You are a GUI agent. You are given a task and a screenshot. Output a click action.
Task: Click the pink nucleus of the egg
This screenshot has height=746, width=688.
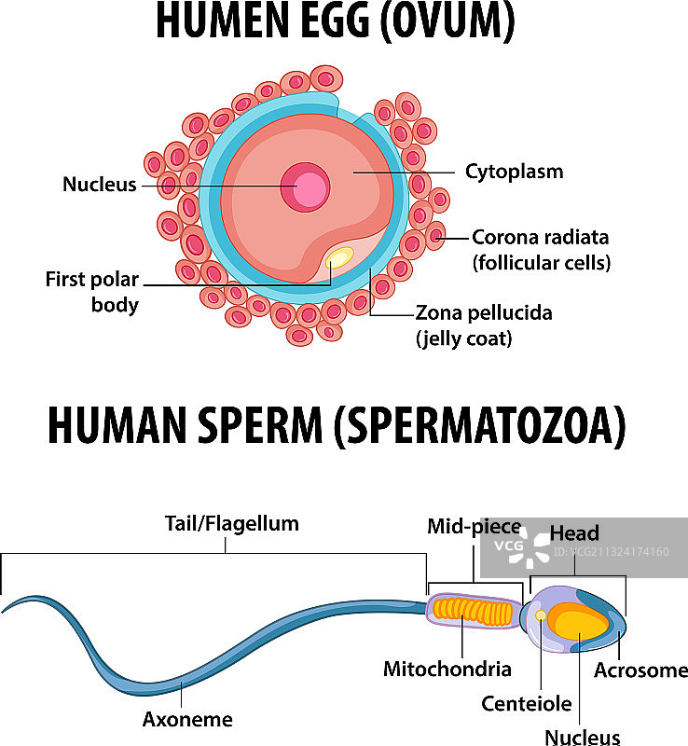[x=306, y=187]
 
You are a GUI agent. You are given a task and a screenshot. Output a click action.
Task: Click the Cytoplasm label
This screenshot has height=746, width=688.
[x=514, y=172]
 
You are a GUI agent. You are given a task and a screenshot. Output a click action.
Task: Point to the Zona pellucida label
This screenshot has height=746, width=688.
[x=483, y=313]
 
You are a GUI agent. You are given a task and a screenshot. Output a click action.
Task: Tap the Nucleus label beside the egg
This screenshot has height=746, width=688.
[x=99, y=185]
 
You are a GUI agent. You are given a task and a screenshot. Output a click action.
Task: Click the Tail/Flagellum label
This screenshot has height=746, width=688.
[x=232, y=523]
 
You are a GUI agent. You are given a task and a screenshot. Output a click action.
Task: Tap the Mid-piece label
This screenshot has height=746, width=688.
[x=474, y=526]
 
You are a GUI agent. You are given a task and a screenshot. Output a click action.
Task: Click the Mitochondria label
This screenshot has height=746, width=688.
[x=447, y=669]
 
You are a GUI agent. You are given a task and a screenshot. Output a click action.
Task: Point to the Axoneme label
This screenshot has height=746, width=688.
[x=187, y=719]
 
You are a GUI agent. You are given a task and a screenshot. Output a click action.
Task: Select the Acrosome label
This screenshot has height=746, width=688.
[x=640, y=670]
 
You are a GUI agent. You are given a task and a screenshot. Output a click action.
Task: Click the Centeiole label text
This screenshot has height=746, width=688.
[x=526, y=704]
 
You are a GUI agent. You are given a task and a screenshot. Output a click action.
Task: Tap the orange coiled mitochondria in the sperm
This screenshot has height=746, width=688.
[x=475, y=612]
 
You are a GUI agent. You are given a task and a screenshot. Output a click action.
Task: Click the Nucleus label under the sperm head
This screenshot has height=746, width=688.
[x=583, y=738]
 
